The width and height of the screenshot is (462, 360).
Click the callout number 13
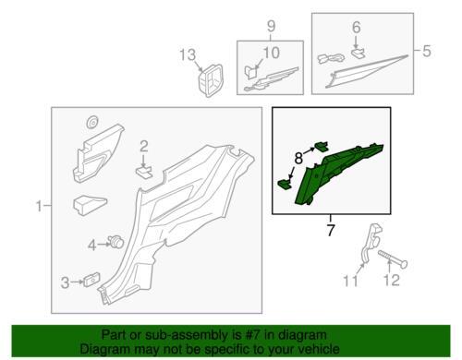tap(188, 55)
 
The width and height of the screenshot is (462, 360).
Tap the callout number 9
tap(271, 27)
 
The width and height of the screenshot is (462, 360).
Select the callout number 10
tap(271, 53)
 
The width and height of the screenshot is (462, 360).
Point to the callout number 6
tap(357, 28)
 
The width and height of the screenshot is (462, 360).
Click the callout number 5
tap(427, 51)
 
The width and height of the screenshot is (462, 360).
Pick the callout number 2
tap(144, 147)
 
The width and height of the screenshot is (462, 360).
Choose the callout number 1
tap(39, 206)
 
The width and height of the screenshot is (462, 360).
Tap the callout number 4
tap(92, 246)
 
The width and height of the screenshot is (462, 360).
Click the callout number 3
tap(65, 282)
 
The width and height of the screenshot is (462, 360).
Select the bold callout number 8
tap(298, 159)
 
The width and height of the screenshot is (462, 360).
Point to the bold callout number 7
tap(331, 230)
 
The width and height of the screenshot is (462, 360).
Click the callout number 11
tap(351, 281)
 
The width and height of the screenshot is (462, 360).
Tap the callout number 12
tap(391, 280)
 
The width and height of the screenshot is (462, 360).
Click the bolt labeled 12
tap(394, 258)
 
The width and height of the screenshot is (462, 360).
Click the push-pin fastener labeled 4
tap(115, 242)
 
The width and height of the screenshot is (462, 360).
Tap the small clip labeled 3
tap(91, 280)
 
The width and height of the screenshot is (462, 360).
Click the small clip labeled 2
tap(144, 171)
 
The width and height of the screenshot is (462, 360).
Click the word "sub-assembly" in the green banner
tap(183, 335)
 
